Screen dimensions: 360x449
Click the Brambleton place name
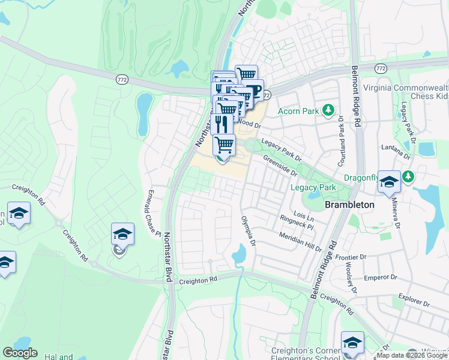pos(349,205)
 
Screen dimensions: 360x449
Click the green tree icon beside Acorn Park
pos(328,110)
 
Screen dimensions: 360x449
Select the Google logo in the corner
pos(20,352)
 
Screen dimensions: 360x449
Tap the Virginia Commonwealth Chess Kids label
pos(405,91)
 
